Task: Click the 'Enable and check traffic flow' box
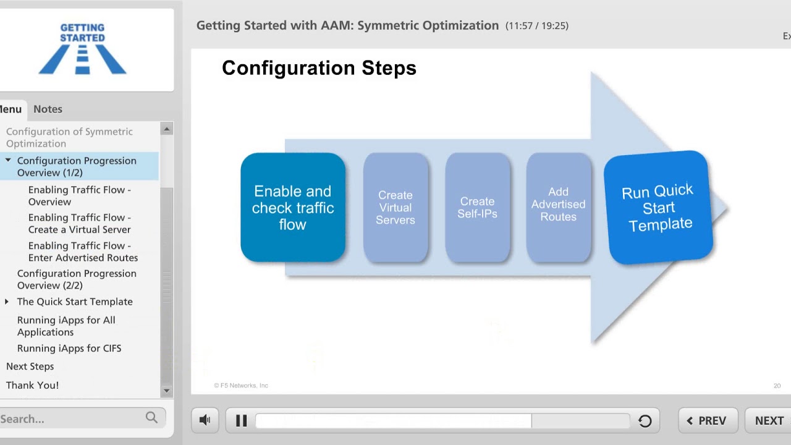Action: [293, 208]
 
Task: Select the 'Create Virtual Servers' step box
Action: [395, 208]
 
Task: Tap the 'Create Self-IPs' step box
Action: [477, 208]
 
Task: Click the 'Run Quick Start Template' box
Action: [658, 208]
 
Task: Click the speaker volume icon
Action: [205, 420]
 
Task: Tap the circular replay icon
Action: [645, 421]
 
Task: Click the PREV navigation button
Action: [707, 420]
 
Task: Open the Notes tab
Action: [48, 109]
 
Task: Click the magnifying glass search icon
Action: [151, 418]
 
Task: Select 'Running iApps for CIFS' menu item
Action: [69, 348]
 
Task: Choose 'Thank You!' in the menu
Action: [32, 385]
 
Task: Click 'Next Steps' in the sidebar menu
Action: [30, 366]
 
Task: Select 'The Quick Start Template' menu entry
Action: [75, 302]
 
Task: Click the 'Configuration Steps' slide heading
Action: [319, 68]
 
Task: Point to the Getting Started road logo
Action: [82, 49]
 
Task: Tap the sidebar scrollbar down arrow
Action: [166, 391]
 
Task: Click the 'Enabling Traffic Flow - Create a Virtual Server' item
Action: [79, 223]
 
